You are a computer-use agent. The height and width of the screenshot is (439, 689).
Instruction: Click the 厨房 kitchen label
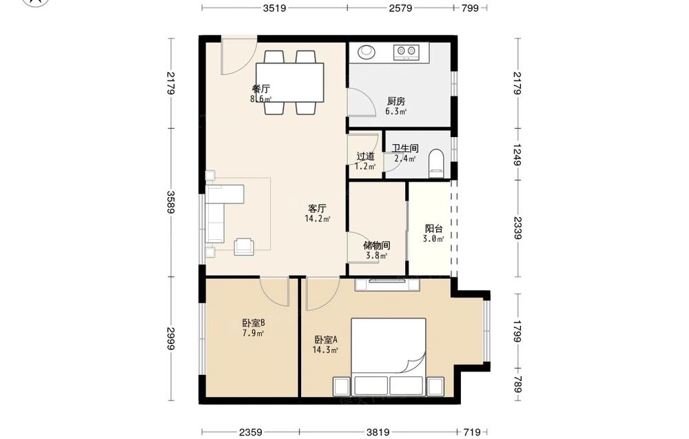(396, 101)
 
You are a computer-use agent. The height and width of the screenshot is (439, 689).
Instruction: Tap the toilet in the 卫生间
(436, 163)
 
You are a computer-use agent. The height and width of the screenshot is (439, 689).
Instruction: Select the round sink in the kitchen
(366, 52)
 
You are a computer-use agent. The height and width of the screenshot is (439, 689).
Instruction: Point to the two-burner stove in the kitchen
(407, 52)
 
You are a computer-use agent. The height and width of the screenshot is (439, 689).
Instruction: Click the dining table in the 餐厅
(290, 83)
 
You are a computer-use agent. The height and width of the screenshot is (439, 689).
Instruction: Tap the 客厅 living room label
(317, 207)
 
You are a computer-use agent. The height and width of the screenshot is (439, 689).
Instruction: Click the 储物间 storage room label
(377, 245)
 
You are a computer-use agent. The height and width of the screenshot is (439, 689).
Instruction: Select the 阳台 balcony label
(433, 229)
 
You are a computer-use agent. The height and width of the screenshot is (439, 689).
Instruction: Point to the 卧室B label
(254, 323)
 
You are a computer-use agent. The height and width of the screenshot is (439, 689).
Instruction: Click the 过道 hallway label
(365, 156)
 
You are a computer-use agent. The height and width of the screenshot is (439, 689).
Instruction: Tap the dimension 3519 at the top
(275, 8)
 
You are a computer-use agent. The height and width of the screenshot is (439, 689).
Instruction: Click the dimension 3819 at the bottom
(378, 432)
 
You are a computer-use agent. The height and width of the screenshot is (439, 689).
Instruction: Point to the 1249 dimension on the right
(517, 154)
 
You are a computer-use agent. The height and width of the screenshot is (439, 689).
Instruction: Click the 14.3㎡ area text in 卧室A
(325, 350)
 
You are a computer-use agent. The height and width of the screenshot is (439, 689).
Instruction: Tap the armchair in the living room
(244, 247)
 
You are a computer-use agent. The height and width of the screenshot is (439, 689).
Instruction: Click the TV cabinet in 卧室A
(387, 285)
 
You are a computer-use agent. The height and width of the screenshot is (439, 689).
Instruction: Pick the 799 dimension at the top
(470, 8)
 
